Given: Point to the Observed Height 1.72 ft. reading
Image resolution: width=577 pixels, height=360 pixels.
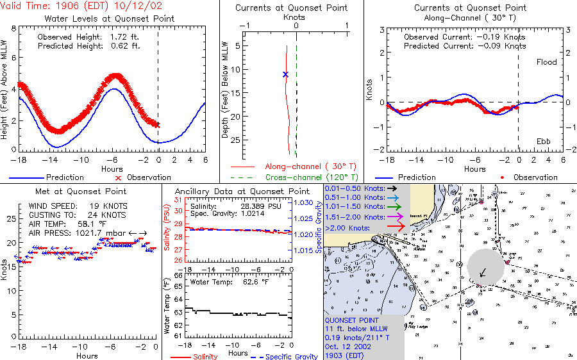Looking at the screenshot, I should [x=88, y=37].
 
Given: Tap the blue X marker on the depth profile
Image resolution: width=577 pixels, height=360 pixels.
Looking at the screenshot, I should [x=285, y=75].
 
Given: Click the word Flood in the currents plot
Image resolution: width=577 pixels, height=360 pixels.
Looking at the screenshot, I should [x=546, y=62].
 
